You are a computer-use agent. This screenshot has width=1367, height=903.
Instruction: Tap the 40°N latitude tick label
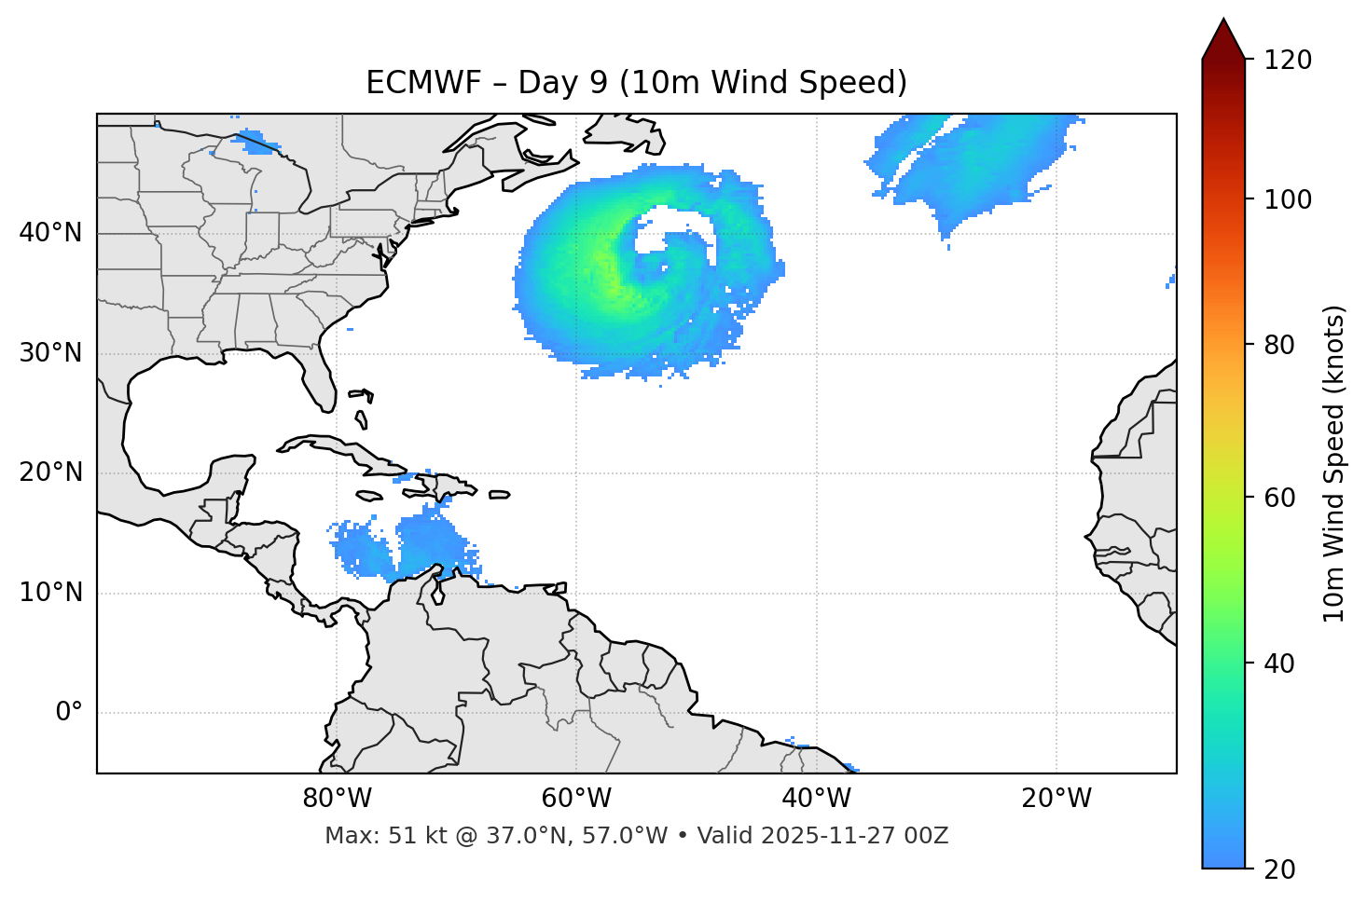(x=50, y=233)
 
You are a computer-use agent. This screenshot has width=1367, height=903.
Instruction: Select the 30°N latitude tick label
(x=50, y=353)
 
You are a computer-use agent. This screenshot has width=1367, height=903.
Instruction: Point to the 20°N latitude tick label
(x=50, y=472)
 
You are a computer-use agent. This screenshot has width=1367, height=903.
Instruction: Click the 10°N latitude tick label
(x=50, y=593)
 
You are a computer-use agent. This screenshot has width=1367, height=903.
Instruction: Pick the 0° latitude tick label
(x=69, y=713)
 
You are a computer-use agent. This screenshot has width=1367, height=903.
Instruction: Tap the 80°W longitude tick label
(x=337, y=799)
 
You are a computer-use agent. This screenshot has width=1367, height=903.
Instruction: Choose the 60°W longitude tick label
(x=576, y=799)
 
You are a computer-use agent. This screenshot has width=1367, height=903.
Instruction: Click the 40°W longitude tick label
(x=816, y=799)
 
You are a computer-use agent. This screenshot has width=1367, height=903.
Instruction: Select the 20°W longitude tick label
(x=1056, y=799)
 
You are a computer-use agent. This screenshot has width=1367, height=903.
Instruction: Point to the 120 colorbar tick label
(x=1288, y=61)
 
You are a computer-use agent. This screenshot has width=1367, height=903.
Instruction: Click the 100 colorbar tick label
(x=1288, y=199)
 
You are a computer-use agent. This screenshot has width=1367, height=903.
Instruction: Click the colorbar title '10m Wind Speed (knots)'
(x=1334, y=463)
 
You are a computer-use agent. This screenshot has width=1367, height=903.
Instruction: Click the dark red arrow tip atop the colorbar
(x=1223, y=37)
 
